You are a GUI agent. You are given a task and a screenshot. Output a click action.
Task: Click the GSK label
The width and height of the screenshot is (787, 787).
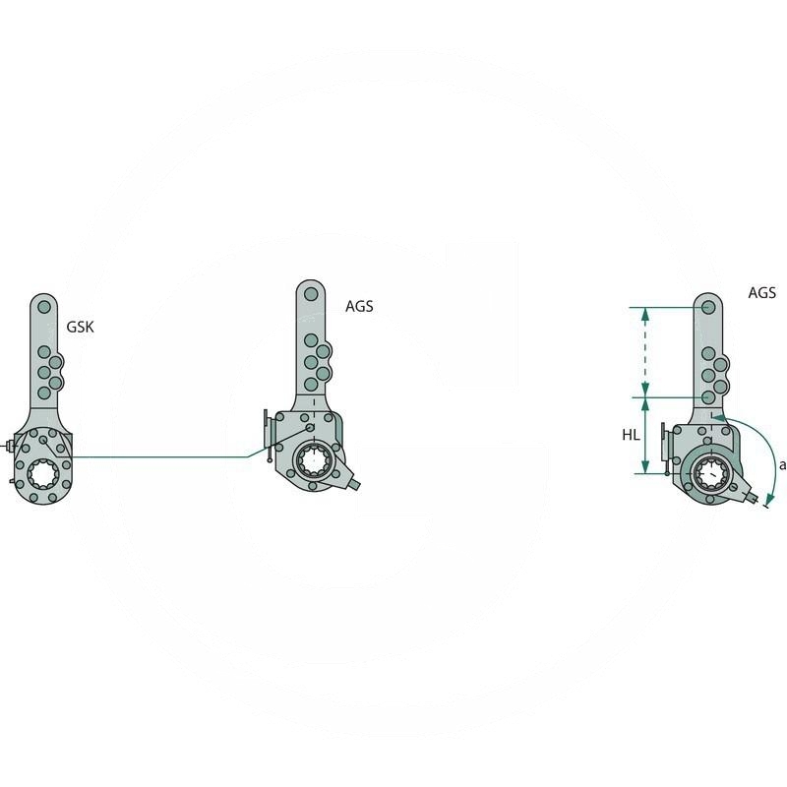(x=81, y=327)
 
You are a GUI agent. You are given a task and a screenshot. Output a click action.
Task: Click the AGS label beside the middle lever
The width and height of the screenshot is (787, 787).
(x=359, y=306)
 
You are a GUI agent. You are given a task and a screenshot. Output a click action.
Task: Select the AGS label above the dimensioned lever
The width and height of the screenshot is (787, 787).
(x=761, y=292)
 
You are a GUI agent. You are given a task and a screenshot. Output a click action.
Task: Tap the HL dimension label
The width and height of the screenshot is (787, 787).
(x=631, y=435)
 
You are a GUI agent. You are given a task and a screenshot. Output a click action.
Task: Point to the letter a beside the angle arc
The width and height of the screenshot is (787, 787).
(x=782, y=465)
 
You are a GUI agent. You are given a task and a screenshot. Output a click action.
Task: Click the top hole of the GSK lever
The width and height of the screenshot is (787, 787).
(x=44, y=306)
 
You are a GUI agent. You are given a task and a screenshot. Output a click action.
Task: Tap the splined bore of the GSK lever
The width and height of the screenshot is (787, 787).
(x=43, y=473)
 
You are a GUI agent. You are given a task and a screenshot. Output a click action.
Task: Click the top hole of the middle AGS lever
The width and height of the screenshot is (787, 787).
(x=311, y=293)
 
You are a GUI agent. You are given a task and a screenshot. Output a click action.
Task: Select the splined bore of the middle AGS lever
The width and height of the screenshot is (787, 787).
(x=313, y=459)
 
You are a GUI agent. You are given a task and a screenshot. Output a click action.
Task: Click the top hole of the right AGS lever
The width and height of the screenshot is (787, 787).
(x=708, y=307)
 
